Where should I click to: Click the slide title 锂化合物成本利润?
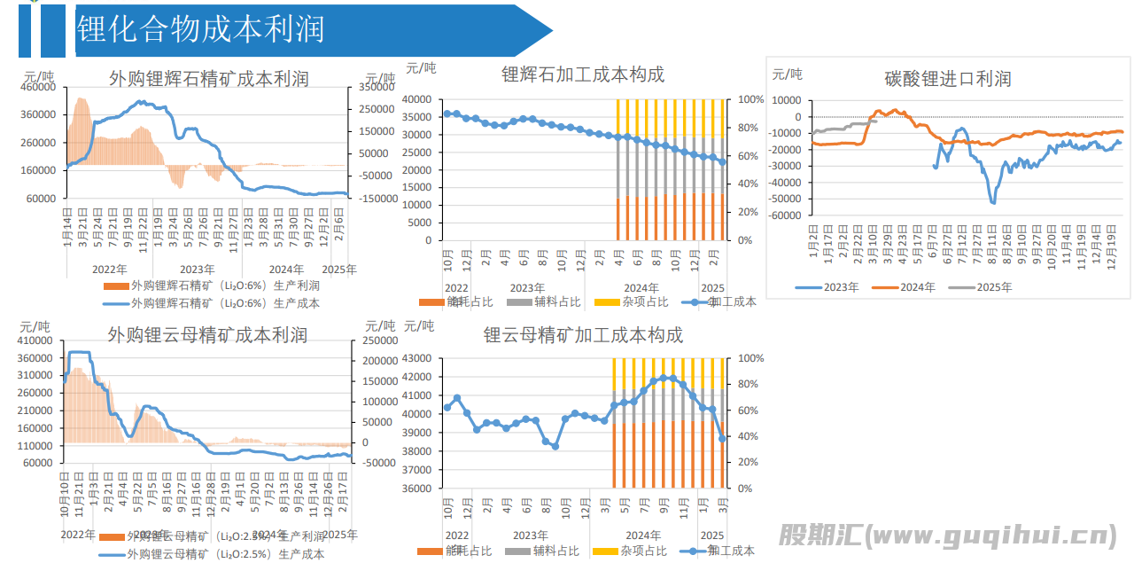click(x=201, y=29)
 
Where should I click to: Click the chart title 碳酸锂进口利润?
click(x=947, y=79)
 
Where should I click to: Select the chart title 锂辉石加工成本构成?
click(x=583, y=74)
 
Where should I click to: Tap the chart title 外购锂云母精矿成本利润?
click(x=207, y=335)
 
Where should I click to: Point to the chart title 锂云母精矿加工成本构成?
click(x=583, y=335)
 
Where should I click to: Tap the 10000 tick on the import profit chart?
click(x=788, y=100)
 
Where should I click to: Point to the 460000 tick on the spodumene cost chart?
click(x=38, y=88)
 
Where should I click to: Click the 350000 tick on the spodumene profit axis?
click(x=377, y=88)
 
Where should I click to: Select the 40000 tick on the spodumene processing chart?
click(x=416, y=99)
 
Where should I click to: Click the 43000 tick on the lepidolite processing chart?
click(x=416, y=358)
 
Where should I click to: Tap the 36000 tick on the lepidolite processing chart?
click(x=416, y=489)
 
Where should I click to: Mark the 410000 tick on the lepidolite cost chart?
click(x=38, y=340)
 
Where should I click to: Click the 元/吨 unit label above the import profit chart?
click(x=787, y=74)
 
